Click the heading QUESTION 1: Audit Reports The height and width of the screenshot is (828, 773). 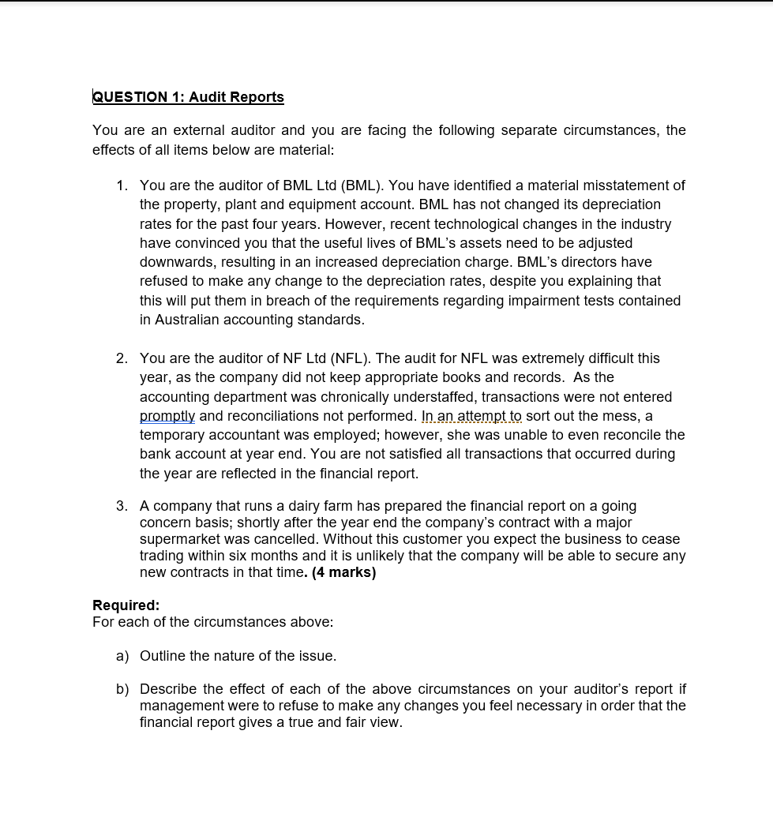(x=188, y=97)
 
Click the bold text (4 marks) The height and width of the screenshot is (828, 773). (x=343, y=572)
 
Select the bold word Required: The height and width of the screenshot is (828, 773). (x=126, y=605)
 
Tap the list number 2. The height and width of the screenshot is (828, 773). (x=121, y=358)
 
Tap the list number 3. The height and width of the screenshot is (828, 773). (x=121, y=506)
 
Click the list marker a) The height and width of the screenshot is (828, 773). (x=122, y=656)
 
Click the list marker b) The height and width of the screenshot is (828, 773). (x=122, y=689)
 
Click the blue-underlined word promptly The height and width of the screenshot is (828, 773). (x=167, y=416)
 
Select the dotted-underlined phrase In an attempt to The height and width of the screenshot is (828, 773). (x=471, y=416)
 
